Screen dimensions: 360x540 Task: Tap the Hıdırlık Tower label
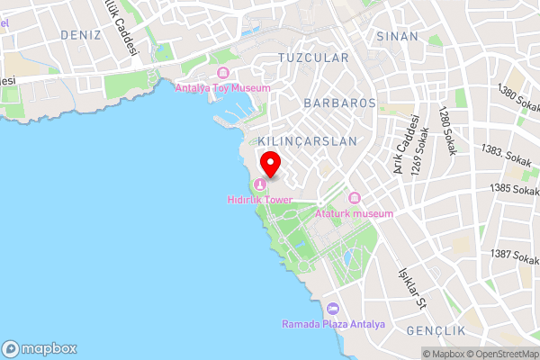261,199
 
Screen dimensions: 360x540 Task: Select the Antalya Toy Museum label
222,88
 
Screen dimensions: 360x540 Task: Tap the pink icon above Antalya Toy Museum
222,74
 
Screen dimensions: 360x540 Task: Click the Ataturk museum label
355,213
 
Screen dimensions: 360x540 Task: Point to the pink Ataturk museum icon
354,198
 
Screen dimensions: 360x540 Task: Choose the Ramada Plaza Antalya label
333,324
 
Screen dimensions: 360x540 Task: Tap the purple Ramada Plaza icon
333,309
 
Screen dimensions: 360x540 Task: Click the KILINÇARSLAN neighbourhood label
307,142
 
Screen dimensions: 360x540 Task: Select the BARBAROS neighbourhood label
339,103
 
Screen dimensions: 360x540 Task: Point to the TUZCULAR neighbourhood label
313,58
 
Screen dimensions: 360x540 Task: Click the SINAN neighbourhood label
398,36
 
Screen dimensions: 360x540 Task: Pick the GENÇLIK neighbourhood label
435,330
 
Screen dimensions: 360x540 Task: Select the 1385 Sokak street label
515,190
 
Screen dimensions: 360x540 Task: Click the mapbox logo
40,348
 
